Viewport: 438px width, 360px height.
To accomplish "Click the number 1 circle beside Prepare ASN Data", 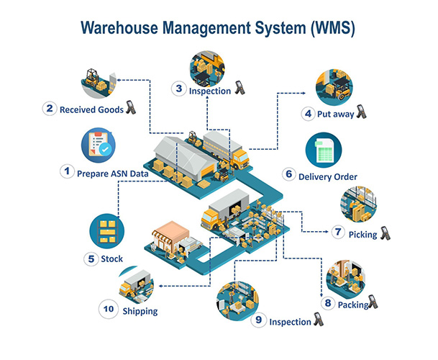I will (x=67, y=171).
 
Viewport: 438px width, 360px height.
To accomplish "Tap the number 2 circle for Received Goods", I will (x=49, y=109).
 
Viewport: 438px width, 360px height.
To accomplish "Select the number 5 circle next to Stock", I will (x=91, y=258).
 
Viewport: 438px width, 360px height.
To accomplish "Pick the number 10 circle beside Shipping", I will (x=109, y=310).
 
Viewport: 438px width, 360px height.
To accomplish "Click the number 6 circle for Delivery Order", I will (x=288, y=174).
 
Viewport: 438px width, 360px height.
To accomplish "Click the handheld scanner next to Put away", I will (x=361, y=113).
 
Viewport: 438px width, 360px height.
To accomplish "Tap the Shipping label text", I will (x=140, y=311).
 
